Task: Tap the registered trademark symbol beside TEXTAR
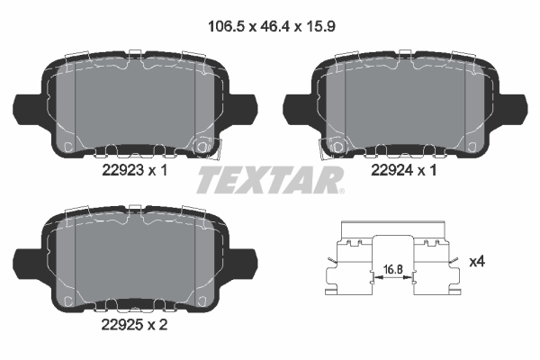pyautogui.click(x=341, y=190)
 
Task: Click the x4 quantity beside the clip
pyautogui.click(x=478, y=261)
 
